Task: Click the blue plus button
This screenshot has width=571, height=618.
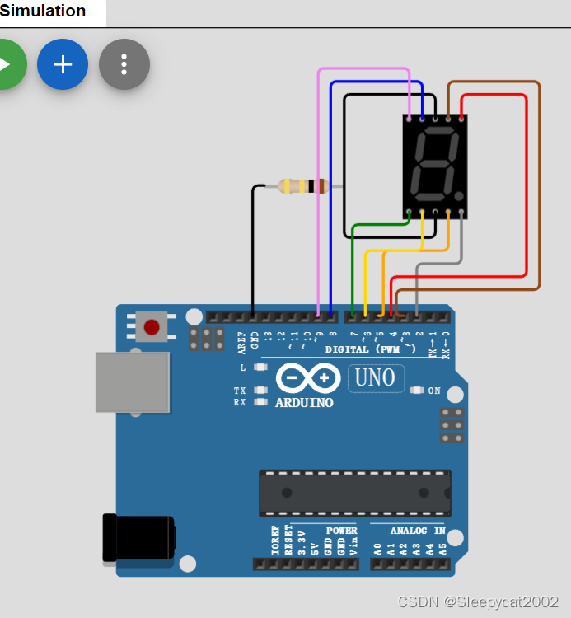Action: (x=63, y=64)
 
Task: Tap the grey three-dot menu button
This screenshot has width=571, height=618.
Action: (x=124, y=64)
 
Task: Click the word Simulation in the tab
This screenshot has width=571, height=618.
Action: (x=43, y=12)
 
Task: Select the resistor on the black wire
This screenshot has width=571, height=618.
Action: (x=302, y=186)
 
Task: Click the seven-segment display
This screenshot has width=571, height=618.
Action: (x=435, y=166)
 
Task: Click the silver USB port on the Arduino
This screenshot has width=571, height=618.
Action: (x=132, y=382)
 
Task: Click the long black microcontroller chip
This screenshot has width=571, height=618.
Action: (x=354, y=493)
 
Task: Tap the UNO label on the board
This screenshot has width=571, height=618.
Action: (x=377, y=378)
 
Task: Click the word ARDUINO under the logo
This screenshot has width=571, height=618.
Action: (x=304, y=403)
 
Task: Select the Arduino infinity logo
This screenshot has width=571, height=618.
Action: (x=307, y=378)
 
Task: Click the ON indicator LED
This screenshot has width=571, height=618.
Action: (x=417, y=391)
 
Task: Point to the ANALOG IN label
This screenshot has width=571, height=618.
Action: (x=418, y=531)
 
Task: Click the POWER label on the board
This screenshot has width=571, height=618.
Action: (x=341, y=531)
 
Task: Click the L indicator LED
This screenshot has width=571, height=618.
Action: (x=261, y=368)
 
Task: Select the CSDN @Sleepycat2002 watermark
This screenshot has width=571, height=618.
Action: (x=478, y=602)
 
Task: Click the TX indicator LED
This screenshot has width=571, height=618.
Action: (x=261, y=391)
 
